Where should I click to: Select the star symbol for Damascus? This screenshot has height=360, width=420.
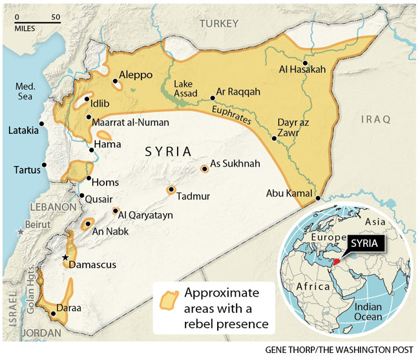tap(65, 257)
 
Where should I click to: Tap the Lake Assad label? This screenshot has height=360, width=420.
tap(187, 88)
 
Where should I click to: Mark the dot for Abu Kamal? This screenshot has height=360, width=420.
tap(319, 198)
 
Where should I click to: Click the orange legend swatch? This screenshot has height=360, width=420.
tap(169, 301)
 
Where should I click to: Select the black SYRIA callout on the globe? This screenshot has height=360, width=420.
tap(368, 244)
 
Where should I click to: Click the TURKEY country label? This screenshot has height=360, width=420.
tap(218, 23)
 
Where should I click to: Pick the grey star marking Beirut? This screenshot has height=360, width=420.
tap(21, 231)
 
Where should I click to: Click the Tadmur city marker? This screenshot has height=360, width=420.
tap(171, 190)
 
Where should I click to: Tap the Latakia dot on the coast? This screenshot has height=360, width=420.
tap(42, 123)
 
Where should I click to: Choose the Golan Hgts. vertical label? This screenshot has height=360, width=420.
tap(28, 296)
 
